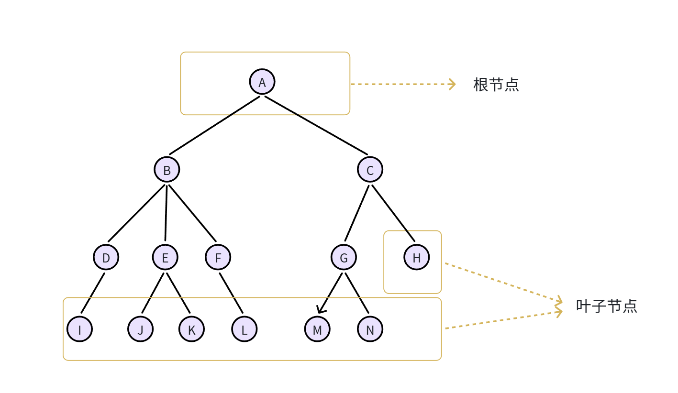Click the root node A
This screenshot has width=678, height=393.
click(262, 82)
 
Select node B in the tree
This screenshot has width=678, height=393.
click(167, 170)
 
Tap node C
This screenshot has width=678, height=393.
click(370, 170)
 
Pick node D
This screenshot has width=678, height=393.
click(106, 257)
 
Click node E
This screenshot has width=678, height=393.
click(165, 257)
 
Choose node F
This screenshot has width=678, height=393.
click(218, 257)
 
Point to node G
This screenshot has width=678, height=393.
click(344, 257)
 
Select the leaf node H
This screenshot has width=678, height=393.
click(416, 257)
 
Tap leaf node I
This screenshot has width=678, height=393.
click(79, 329)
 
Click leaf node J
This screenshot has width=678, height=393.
click(140, 329)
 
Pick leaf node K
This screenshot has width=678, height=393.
click(191, 329)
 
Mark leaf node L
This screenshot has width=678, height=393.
click(244, 329)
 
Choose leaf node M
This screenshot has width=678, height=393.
click(317, 329)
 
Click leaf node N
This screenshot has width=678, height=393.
click(370, 329)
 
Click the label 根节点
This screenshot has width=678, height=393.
click(496, 85)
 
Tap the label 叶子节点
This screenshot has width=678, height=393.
click(606, 306)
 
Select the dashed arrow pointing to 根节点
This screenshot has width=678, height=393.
click(402, 84)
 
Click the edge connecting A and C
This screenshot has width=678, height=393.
click(316, 126)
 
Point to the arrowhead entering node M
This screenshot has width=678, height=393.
click(320, 311)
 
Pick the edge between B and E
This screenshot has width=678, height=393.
click(166, 213)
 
